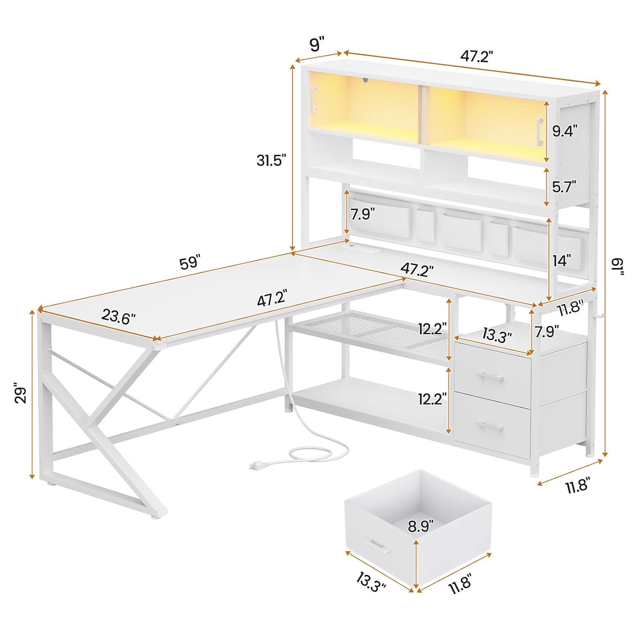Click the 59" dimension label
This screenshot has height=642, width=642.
tap(190, 262)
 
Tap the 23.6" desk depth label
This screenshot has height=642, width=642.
tap(119, 317)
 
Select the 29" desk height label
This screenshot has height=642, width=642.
tap(21, 395)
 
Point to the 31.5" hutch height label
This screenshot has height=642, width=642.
tap(271, 160)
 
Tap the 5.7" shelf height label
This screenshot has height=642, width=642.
tap(564, 186)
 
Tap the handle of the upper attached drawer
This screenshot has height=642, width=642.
tap(491, 375)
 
